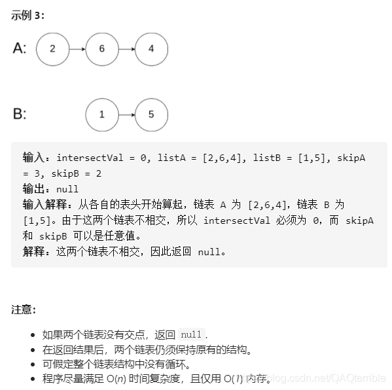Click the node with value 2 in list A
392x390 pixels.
[x=52, y=48]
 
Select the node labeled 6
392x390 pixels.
[x=101, y=48]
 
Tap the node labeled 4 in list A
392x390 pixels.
[x=151, y=48]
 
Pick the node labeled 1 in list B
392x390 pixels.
[x=101, y=114]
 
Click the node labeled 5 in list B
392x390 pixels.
[x=151, y=114]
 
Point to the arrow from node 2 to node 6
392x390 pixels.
[x=77, y=48]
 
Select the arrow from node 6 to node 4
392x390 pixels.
[x=126, y=48]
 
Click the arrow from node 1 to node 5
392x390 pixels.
[x=126, y=114]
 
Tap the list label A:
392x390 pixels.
[x=20, y=49]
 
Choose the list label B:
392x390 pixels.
[x=20, y=115]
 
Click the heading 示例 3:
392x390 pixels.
[x=28, y=15]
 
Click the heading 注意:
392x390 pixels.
[x=24, y=310]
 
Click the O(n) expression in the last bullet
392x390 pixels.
[x=117, y=378]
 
